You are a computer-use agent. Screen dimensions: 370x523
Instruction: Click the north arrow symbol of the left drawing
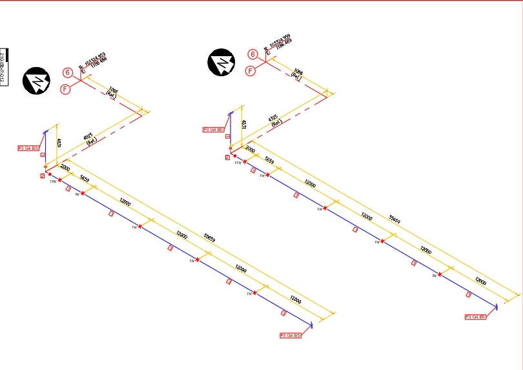[36, 81]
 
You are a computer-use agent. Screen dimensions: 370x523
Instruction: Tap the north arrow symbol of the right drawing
[221, 63]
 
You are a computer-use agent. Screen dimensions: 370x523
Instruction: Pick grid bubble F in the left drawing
[65, 89]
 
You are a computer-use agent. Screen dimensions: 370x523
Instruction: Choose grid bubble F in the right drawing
[251, 71]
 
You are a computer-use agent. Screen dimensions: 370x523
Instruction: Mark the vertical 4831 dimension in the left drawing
[59, 142]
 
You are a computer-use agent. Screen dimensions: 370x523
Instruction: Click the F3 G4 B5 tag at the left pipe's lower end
[290, 335]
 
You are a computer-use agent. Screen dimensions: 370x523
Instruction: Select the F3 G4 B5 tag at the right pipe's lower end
[475, 317]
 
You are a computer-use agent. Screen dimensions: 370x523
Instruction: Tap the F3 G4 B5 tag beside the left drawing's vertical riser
[28, 148]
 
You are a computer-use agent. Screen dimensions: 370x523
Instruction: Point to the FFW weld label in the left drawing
[54, 181]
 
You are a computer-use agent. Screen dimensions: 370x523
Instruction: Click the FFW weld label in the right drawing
[238, 163]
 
